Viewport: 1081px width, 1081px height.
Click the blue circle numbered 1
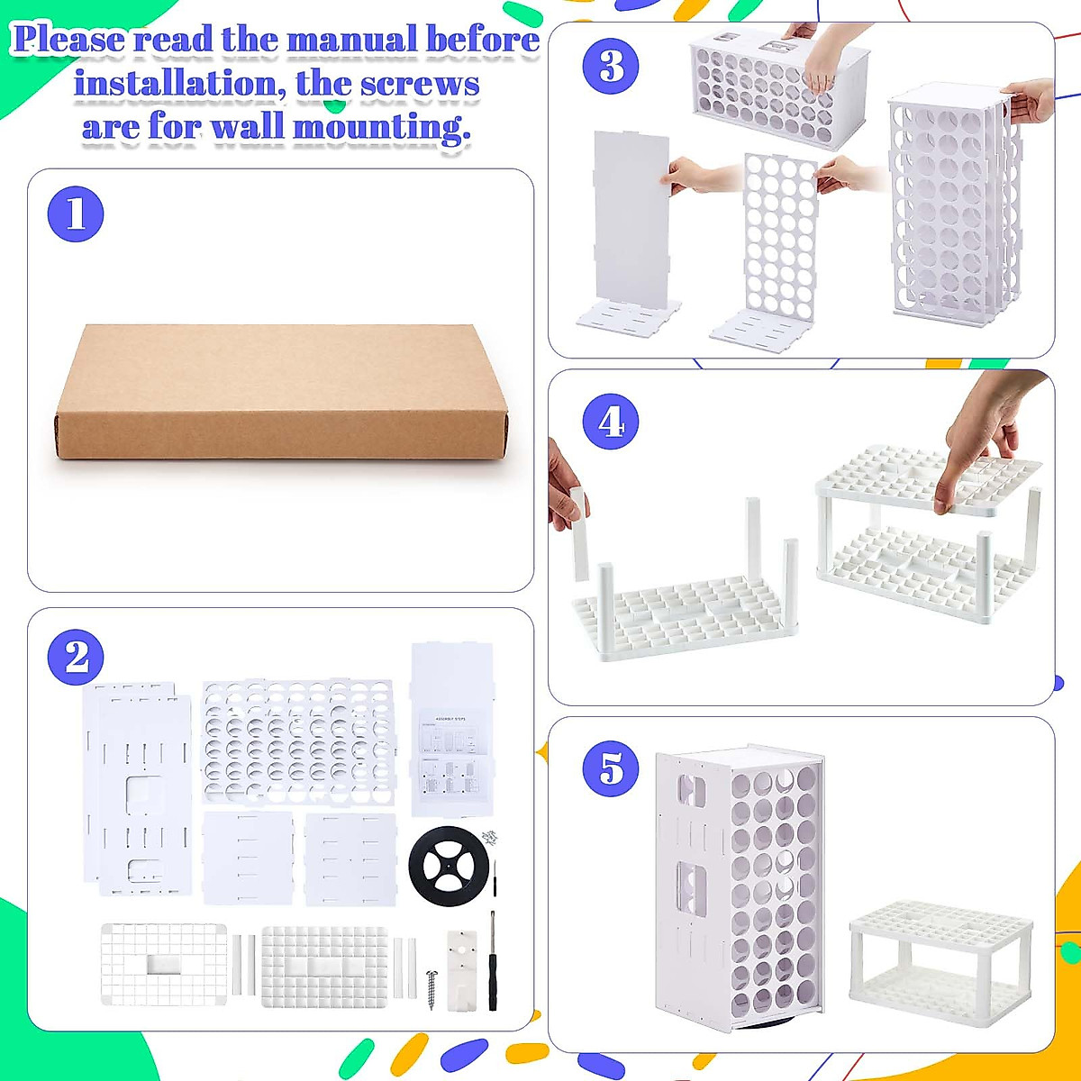pos(77,214)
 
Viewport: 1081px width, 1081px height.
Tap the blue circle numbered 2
pos(77,657)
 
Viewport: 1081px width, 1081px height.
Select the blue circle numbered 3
pos(611,66)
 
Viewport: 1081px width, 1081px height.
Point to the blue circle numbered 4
pos(611,421)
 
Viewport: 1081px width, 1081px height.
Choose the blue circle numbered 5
pos(611,768)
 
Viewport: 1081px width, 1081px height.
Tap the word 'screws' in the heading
pos(420,84)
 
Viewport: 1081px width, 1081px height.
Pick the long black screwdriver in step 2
pos(493,959)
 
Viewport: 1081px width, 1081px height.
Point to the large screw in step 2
pos(431,987)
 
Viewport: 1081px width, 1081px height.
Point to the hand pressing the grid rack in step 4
pos(982,432)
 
